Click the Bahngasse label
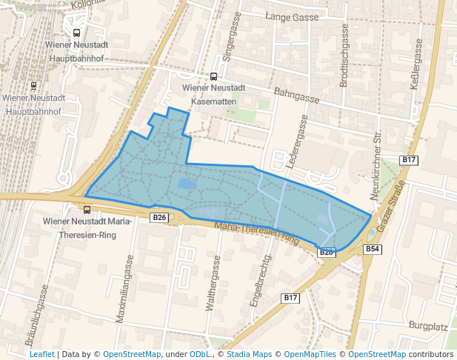point(296,96)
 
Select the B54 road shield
point(372,250)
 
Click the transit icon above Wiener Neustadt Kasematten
point(214,76)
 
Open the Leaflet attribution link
point(41,354)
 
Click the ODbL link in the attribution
point(199,354)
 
